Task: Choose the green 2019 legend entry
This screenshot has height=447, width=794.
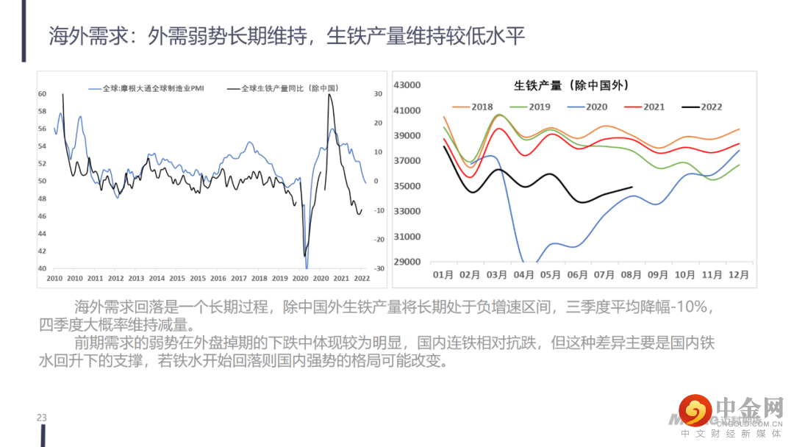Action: coord(531,107)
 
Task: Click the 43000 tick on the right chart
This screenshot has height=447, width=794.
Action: coord(407,85)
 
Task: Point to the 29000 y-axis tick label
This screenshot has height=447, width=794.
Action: coord(407,262)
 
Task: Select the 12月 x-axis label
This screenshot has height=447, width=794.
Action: coord(738,275)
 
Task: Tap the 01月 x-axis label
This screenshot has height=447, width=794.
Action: coord(443,275)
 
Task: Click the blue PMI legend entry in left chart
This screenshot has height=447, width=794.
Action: coord(146,88)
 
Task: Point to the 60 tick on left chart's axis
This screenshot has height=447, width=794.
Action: coord(43,94)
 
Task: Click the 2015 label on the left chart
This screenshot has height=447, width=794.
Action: coord(198,279)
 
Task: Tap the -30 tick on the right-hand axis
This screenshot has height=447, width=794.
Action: coord(379,268)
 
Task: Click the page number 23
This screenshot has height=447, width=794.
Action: coord(42,418)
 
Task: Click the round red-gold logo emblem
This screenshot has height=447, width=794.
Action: coord(695,410)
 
